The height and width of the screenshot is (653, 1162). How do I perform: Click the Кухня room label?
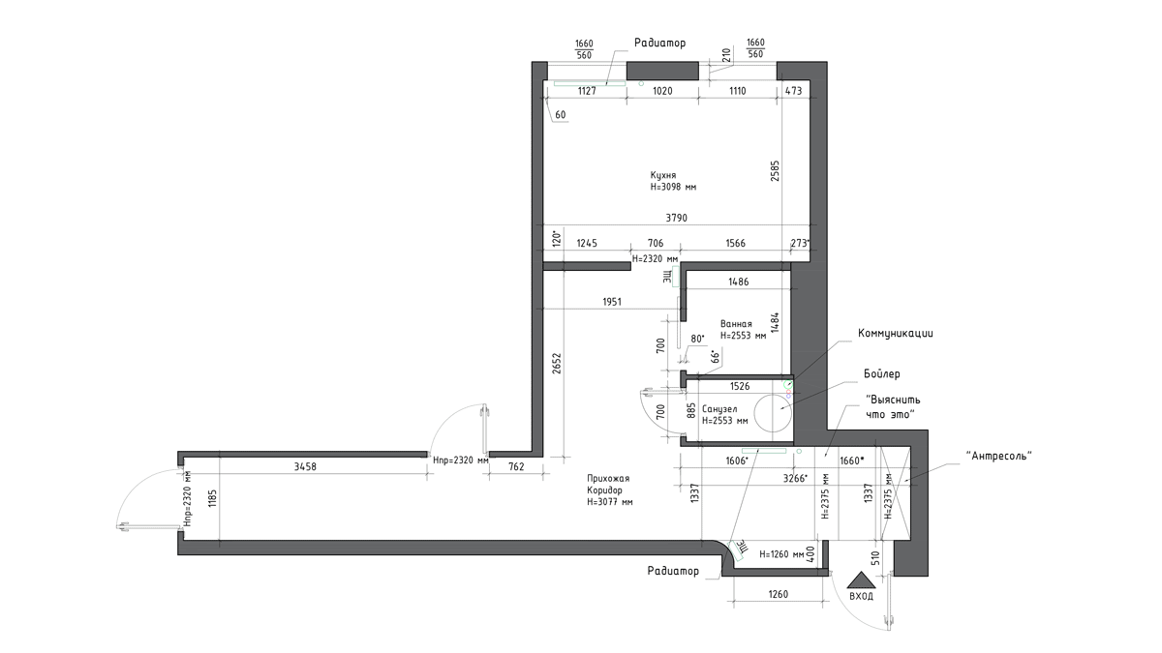point(663,175)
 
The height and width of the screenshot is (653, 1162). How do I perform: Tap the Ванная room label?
point(736,324)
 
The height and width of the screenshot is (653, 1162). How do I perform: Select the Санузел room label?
point(719,409)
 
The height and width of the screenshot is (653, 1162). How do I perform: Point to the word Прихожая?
point(608,478)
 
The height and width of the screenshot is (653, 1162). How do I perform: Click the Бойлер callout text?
point(882,373)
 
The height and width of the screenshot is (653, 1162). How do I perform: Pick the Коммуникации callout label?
point(896,333)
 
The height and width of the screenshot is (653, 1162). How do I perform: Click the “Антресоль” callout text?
point(999,456)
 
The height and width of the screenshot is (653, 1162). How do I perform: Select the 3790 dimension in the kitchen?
point(677,219)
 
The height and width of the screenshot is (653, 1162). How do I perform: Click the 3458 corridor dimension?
point(305,467)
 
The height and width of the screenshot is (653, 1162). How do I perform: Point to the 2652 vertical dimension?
point(557,364)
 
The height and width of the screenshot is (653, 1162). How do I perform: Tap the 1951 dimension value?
point(612,302)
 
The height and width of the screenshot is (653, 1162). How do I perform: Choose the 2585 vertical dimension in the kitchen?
point(775,170)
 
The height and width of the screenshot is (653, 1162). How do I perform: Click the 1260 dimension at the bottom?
point(779,594)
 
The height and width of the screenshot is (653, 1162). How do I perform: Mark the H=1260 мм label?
point(781,554)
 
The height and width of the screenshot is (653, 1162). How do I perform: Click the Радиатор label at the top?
point(659,43)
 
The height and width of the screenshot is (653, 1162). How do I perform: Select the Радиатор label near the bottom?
point(673,571)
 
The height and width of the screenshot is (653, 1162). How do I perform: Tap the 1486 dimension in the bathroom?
point(739,282)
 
